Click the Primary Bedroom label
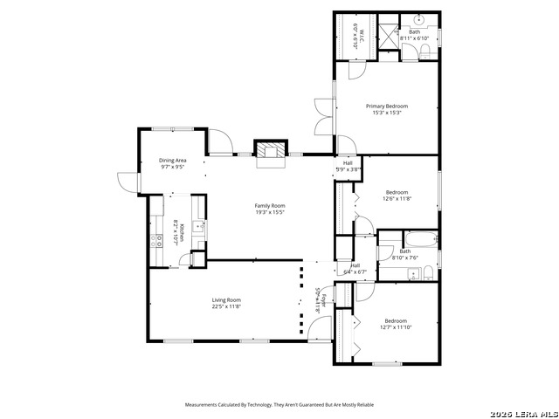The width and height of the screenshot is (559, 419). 386,106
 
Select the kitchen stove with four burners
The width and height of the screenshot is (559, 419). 158,241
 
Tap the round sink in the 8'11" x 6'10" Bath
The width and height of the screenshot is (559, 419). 418,19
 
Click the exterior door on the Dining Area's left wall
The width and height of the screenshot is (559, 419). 128,181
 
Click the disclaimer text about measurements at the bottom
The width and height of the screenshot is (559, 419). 279,405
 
